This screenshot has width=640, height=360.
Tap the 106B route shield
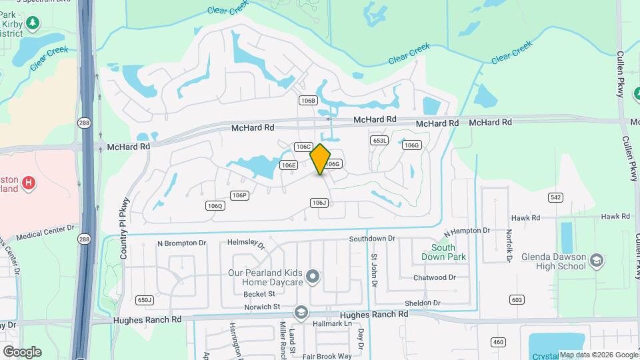307,100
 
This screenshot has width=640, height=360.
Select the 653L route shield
379,141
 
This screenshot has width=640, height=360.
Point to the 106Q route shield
215,206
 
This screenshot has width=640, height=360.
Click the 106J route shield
319,203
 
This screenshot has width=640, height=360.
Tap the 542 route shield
555,197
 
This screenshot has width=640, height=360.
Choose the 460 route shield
497,343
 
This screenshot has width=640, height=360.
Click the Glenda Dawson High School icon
597,259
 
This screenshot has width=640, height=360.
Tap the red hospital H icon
28,183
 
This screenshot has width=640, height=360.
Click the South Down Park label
443,252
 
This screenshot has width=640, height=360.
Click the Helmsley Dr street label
246,244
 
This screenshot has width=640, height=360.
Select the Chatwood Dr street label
434,277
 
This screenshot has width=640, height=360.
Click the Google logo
22,351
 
